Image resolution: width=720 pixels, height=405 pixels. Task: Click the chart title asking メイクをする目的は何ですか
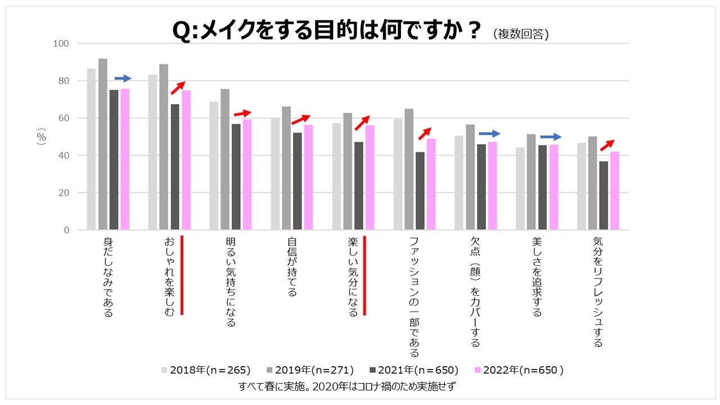327,31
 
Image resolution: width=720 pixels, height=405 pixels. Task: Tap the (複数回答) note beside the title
520,34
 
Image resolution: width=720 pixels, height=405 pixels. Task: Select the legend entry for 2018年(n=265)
205,370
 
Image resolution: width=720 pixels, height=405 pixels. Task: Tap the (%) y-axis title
42,137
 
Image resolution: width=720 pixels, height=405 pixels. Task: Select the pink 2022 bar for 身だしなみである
125,159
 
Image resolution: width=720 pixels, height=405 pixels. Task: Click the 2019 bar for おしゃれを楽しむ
164,147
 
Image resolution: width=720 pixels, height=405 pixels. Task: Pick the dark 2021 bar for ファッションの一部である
420,191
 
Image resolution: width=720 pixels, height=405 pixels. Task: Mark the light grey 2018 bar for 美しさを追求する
520,188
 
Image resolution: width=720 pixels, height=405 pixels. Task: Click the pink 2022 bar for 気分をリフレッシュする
615,191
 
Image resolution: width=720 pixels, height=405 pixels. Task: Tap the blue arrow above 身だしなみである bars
123,78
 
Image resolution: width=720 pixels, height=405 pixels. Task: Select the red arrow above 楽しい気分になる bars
362,123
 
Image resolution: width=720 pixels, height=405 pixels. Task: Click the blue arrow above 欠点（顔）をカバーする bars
489,134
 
